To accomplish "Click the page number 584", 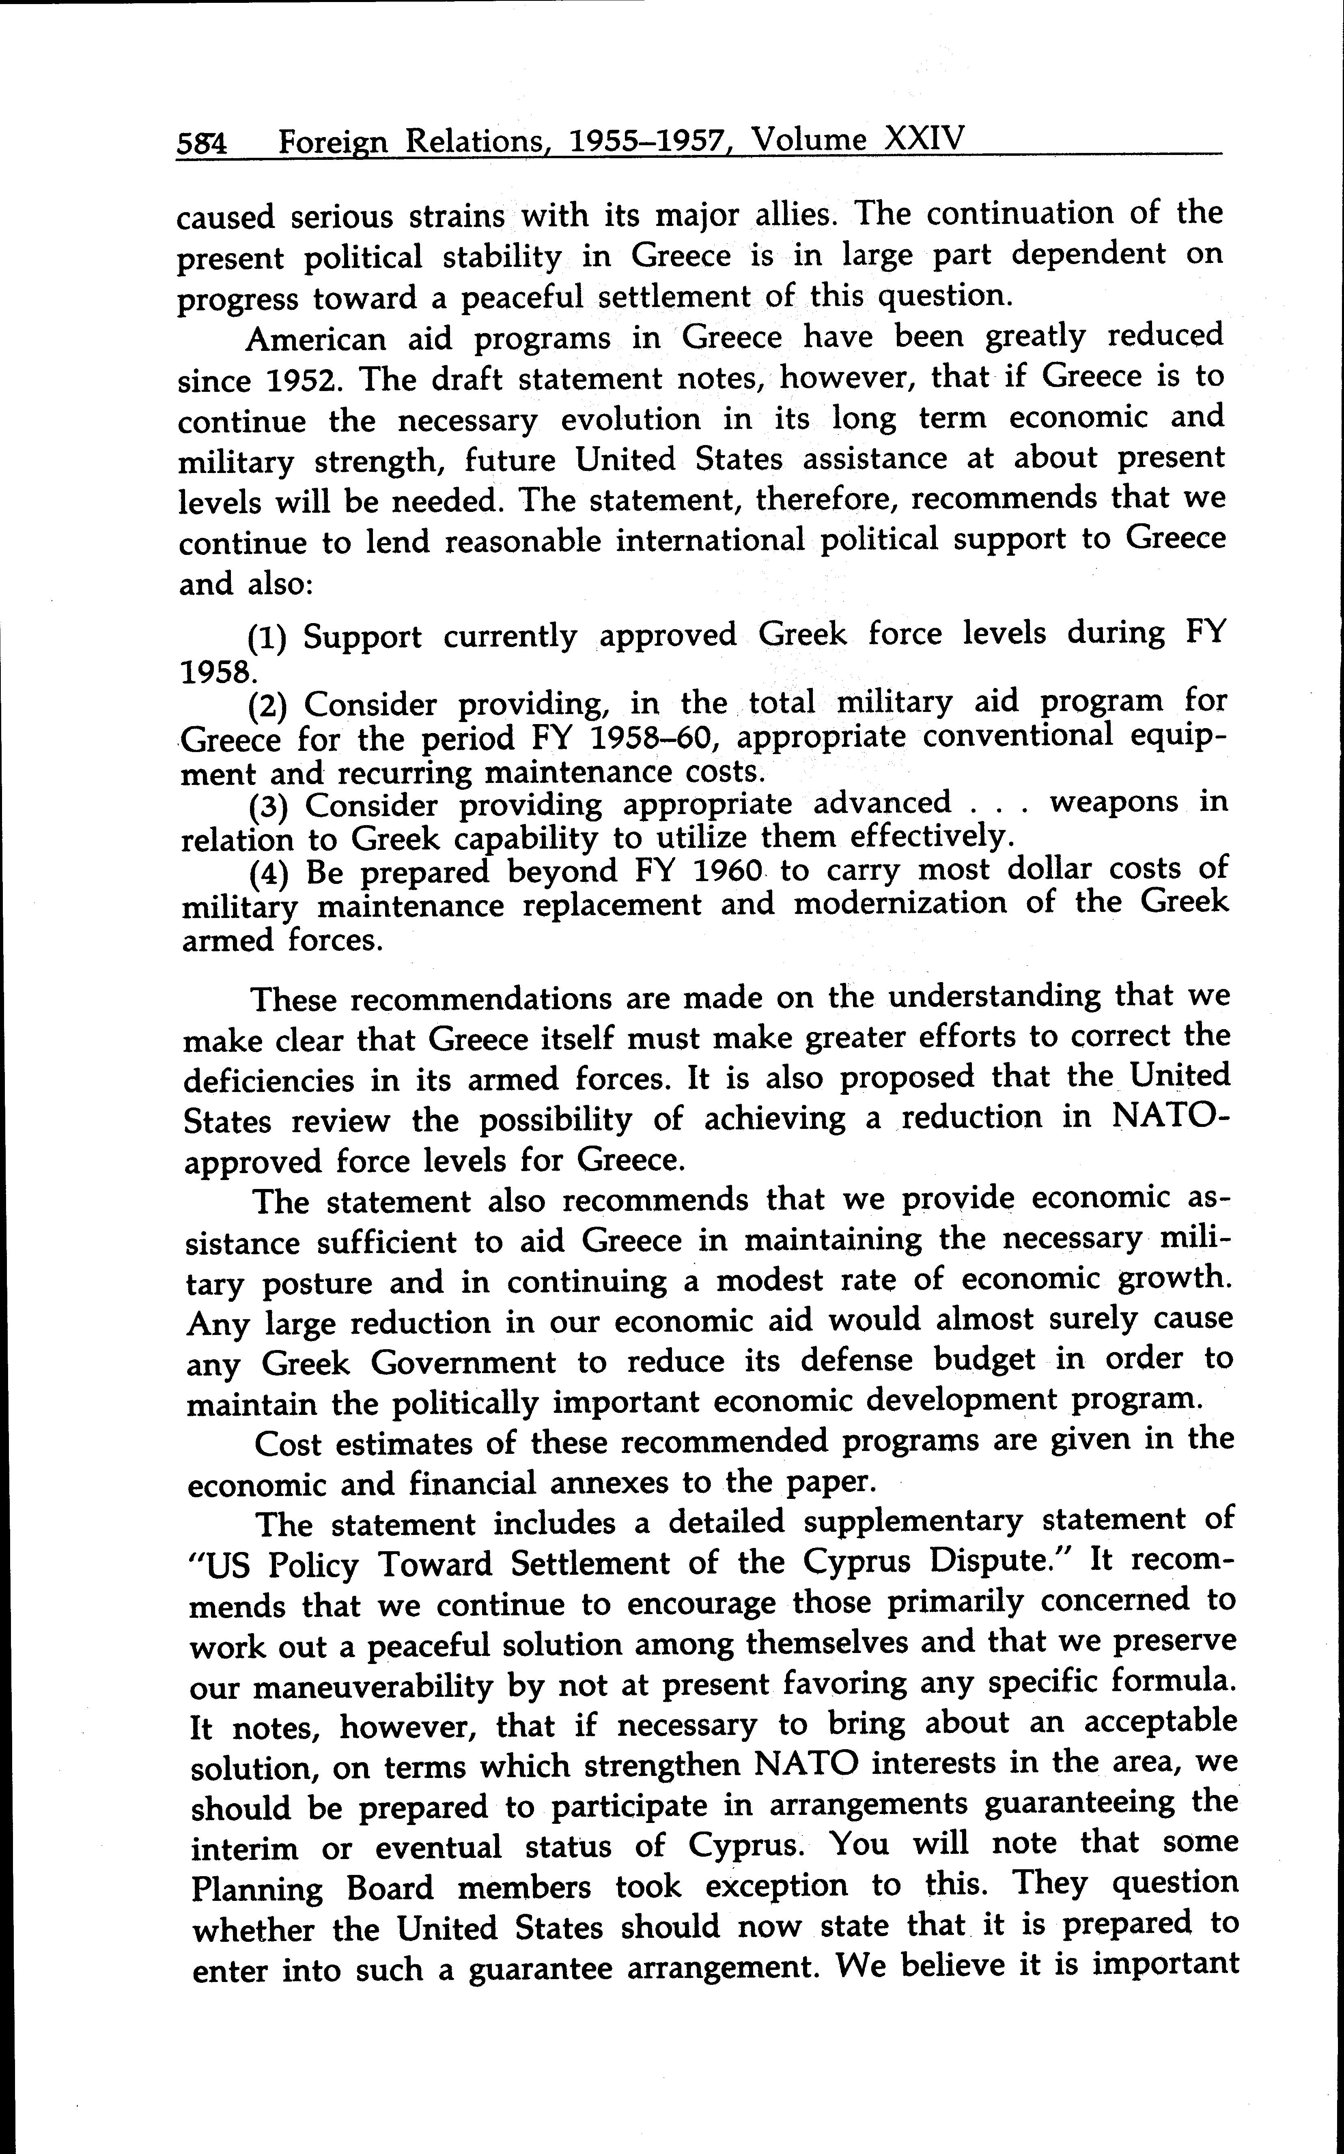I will (x=202, y=144).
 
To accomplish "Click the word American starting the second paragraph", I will (x=316, y=340).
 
